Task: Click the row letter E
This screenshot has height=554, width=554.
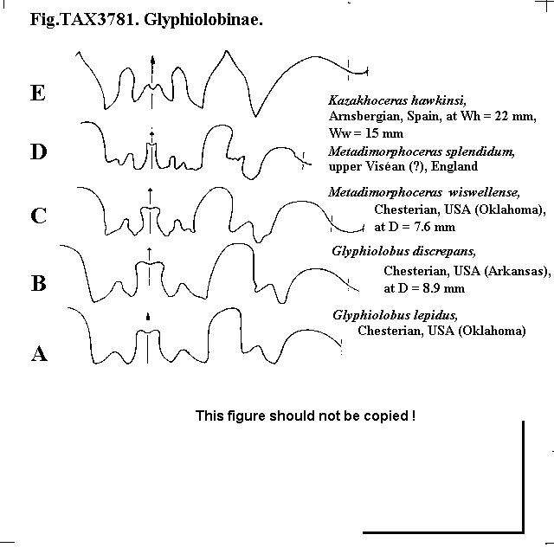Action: pyautogui.click(x=38, y=93)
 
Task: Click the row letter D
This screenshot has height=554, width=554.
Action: pyautogui.click(x=39, y=151)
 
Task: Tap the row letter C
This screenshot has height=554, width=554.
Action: pyautogui.click(x=38, y=216)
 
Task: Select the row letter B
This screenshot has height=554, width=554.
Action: pyautogui.click(x=38, y=283)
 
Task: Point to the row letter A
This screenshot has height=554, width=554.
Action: pyautogui.click(x=39, y=353)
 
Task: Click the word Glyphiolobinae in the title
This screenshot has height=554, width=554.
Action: pyautogui.click(x=203, y=19)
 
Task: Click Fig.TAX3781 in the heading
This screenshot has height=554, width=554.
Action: pyautogui.click(x=83, y=19)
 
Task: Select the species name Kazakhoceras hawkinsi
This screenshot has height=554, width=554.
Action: pyautogui.click(x=397, y=100)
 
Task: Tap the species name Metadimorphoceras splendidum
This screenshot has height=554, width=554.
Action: pyautogui.click(x=422, y=152)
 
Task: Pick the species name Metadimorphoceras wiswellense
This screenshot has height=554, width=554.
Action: pyautogui.click(x=424, y=192)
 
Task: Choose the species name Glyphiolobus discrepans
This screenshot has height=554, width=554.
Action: pyautogui.click(x=404, y=252)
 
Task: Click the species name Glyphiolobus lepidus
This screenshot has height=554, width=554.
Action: pyautogui.click(x=395, y=315)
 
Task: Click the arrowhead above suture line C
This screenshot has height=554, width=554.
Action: pyautogui.click(x=150, y=190)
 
